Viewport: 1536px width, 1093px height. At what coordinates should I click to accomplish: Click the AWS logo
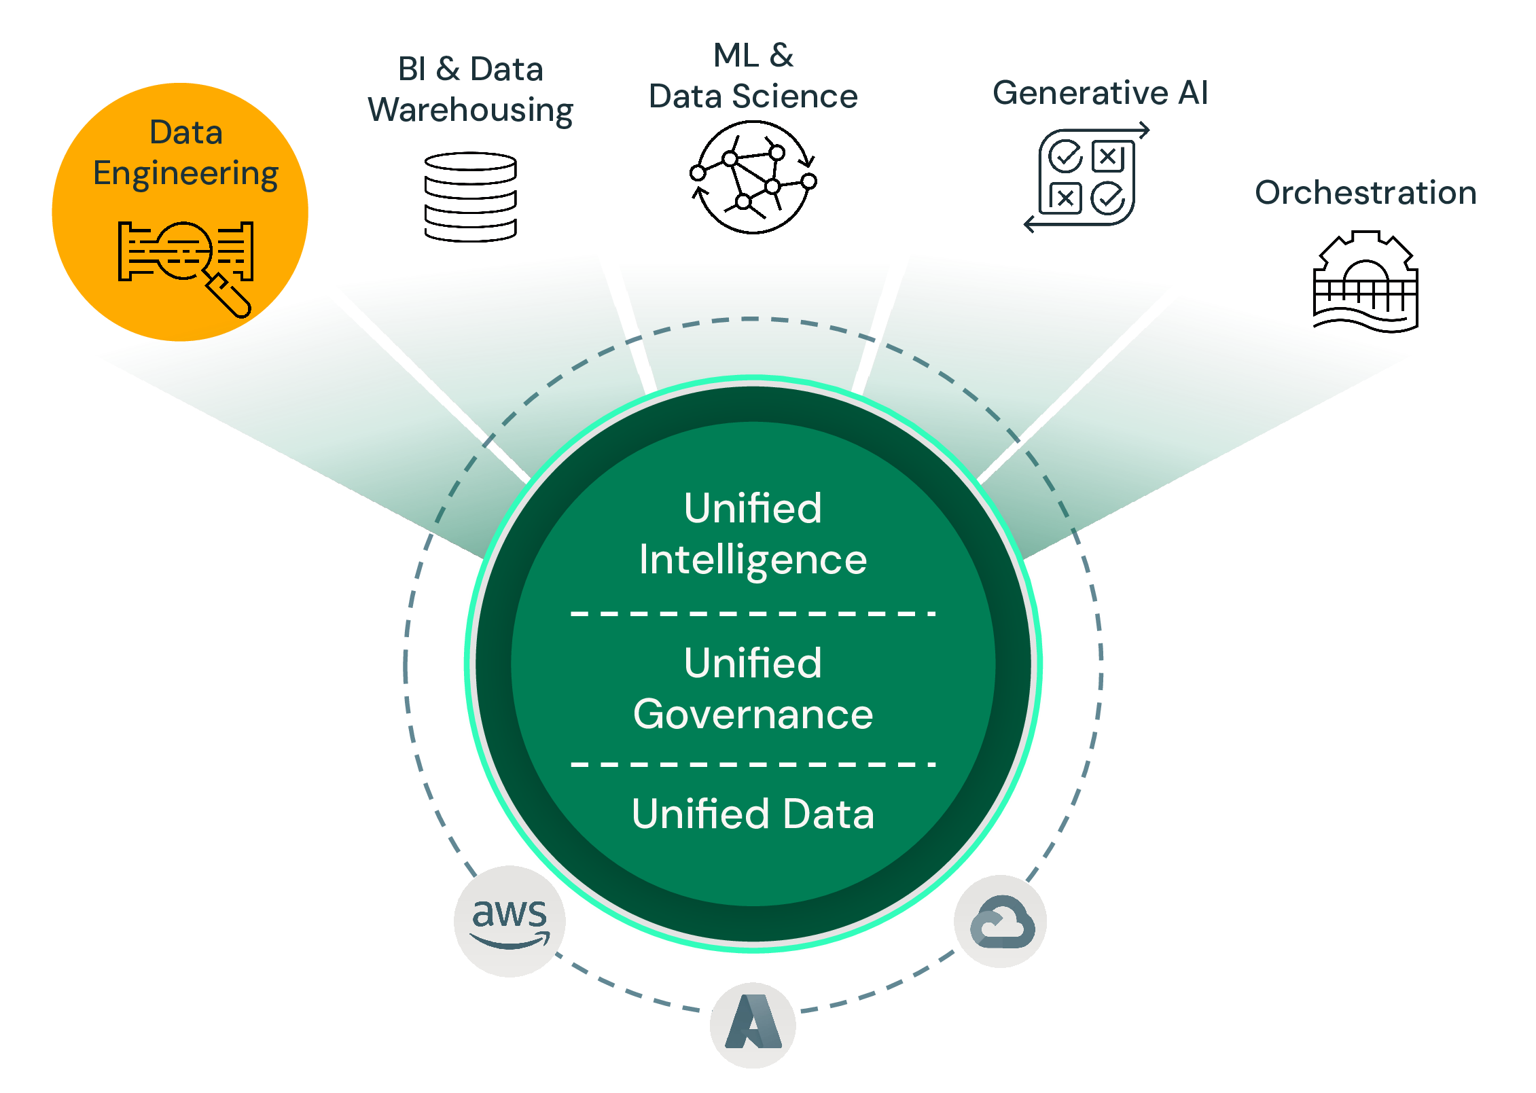click(x=510, y=921)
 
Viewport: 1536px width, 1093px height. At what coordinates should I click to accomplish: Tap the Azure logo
click(x=753, y=1024)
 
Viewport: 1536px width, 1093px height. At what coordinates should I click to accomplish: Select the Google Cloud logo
click(x=1001, y=922)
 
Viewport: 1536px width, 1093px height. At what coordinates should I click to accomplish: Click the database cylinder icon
click(x=470, y=197)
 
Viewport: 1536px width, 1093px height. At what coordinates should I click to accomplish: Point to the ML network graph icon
click(x=753, y=178)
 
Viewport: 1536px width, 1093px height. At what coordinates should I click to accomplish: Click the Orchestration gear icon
click(x=1365, y=282)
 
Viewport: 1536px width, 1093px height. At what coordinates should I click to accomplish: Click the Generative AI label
click(x=1100, y=93)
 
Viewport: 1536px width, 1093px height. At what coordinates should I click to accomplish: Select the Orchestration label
click(x=1365, y=193)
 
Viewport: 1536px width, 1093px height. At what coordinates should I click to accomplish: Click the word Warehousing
click(x=470, y=111)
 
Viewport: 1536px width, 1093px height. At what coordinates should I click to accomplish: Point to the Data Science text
click(x=753, y=96)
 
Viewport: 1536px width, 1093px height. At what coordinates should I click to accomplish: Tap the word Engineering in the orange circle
click(x=185, y=174)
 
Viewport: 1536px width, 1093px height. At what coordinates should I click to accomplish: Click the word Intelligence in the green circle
click(x=753, y=560)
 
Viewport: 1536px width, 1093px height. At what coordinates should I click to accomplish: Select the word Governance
click(x=753, y=715)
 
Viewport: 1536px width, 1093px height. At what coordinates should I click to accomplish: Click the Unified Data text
click(x=753, y=814)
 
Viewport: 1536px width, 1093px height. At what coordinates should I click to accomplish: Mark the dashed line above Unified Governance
click(x=753, y=614)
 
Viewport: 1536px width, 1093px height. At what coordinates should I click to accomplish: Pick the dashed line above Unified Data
click(x=753, y=765)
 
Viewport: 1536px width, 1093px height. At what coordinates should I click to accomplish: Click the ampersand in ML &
click(x=782, y=56)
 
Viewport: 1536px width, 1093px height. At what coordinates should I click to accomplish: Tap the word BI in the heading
click(x=412, y=69)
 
